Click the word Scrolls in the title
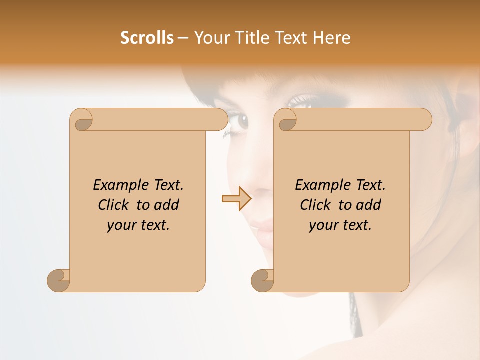click(147, 38)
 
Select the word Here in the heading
click(331, 38)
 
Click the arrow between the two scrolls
click(236, 198)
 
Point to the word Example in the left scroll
click(115, 185)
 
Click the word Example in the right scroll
click(317, 185)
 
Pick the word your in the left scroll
click(120, 225)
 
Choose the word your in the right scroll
click(322, 225)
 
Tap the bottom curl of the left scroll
click(59, 280)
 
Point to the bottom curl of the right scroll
click(262, 280)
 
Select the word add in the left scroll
click(167, 205)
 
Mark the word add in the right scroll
click(369, 205)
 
